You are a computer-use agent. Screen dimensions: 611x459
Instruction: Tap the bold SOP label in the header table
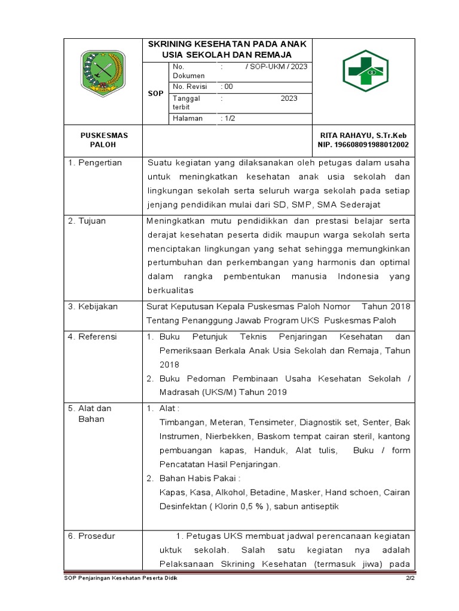click(155, 94)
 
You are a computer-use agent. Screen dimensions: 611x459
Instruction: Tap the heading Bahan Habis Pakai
click(199, 479)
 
